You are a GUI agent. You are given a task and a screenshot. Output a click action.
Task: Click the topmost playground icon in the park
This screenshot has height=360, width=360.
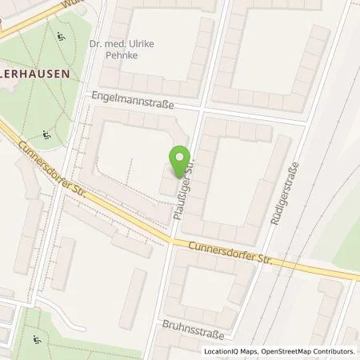pos(62,36)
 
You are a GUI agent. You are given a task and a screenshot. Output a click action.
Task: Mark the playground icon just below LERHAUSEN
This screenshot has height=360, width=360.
pos(47,134)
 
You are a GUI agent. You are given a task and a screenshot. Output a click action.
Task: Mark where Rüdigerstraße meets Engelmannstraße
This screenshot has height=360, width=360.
pos(306,124)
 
